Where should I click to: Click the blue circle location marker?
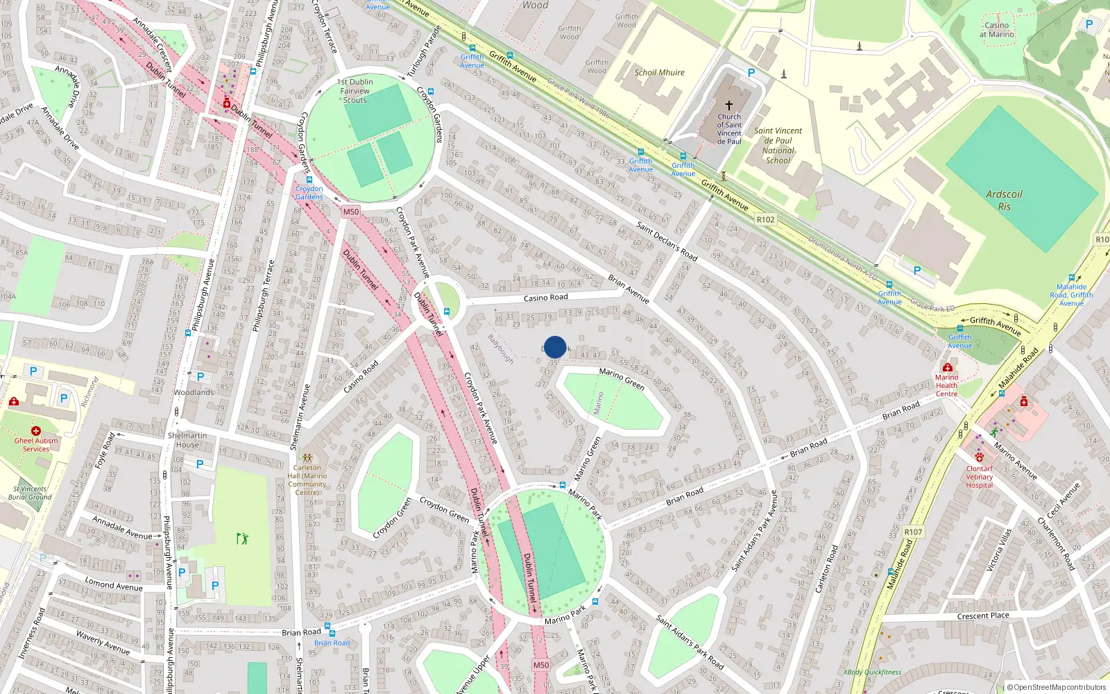pyautogui.click(x=555, y=347)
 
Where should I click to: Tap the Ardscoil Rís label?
pyautogui.click(x=1004, y=200)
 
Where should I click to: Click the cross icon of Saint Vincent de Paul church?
pyautogui.click(x=729, y=105)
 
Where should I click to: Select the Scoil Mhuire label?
pyautogui.click(x=659, y=72)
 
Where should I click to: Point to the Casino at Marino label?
pyautogui.click(x=996, y=29)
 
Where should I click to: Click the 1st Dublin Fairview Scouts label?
pyautogui.click(x=355, y=91)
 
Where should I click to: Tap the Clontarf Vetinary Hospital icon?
pyautogui.click(x=980, y=458)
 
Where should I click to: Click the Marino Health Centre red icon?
pyautogui.click(x=947, y=367)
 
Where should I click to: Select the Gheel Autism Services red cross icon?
pyautogui.click(x=36, y=431)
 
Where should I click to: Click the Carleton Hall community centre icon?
pyautogui.click(x=307, y=458)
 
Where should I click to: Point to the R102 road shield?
pyautogui.click(x=765, y=219)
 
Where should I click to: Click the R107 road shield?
pyautogui.click(x=913, y=532)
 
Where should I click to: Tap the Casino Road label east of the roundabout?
pyautogui.click(x=545, y=298)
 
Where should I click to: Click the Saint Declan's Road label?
pyautogui.click(x=667, y=242)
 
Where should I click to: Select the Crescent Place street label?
pyautogui.click(x=982, y=616)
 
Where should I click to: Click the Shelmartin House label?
pyautogui.click(x=187, y=440)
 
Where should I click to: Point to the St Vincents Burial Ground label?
pyautogui.click(x=30, y=493)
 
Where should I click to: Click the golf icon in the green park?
pyautogui.click(x=242, y=538)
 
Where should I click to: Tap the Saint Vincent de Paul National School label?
pyautogui.click(x=778, y=145)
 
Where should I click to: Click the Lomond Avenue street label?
pyautogui.click(x=114, y=584)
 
